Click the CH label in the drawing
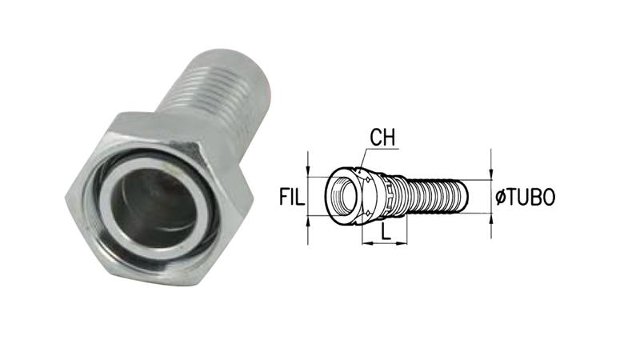click(382, 138)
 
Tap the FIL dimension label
click(292, 197)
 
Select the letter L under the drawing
click(386, 231)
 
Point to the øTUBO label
click(526, 197)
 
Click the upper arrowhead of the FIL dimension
click(308, 171)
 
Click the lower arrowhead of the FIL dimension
click(308, 222)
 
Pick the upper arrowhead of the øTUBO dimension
click(491, 174)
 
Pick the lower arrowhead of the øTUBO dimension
click(491, 219)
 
